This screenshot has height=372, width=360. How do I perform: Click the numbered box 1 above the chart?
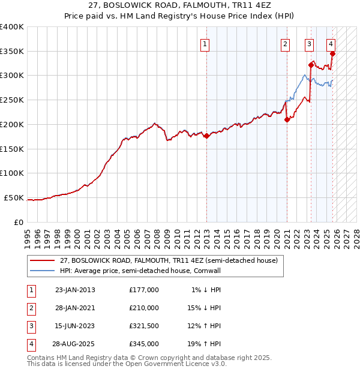(205, 43)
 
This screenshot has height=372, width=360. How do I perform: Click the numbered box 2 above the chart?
(285, 43)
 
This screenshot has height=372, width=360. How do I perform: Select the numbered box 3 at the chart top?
(309, 43)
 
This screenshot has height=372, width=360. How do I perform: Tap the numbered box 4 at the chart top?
(331, 43)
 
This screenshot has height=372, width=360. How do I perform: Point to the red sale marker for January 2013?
(206, 136)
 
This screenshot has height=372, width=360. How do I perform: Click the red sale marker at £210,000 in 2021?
(287, 119)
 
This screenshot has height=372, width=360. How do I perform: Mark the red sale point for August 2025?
(332, 53)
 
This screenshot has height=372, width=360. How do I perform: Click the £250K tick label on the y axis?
(12, 100)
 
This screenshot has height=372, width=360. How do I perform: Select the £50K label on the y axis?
(14, 197)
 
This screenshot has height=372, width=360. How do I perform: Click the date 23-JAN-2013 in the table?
(75, 290)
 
